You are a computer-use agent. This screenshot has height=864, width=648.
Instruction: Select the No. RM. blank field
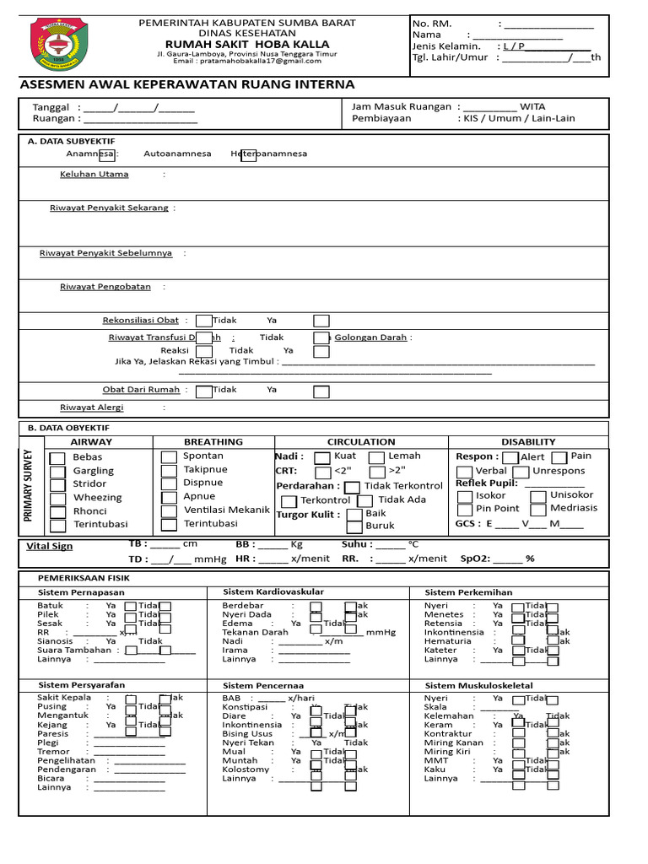click(548, 24)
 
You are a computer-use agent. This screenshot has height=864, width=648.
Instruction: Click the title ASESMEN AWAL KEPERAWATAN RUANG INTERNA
click(186, 84)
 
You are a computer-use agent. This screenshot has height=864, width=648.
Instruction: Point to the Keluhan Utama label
click(94, 175)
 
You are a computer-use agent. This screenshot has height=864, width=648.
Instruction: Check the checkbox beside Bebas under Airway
click(57, 458)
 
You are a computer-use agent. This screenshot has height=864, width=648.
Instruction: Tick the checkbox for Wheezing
click(57, 499)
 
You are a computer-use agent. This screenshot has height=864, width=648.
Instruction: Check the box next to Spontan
click(169, 456)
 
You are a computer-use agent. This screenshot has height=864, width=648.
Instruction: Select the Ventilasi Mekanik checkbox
click(169, 510)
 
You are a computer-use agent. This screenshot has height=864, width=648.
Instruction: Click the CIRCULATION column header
click(361, 441)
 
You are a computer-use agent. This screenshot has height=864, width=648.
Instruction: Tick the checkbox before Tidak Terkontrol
click(352, 487)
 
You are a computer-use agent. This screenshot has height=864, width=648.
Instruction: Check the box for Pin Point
click(465, 510)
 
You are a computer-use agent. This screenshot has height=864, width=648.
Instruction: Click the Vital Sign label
click(51, 547)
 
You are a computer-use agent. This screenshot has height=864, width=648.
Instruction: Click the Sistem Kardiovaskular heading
click(273, 592)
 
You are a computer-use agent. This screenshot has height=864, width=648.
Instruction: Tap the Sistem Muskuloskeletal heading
click(478, 686)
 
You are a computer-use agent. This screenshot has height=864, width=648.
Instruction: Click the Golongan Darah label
click(370, 337)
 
